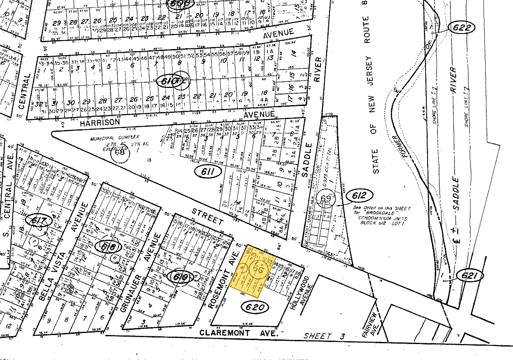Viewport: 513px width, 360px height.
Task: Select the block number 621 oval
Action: pos(470,276)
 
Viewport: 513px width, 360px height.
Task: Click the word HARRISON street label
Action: pos(100,122)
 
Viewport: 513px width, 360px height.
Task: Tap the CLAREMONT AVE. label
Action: pos(239,333)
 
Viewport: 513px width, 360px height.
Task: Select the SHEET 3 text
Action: pos(323,336)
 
